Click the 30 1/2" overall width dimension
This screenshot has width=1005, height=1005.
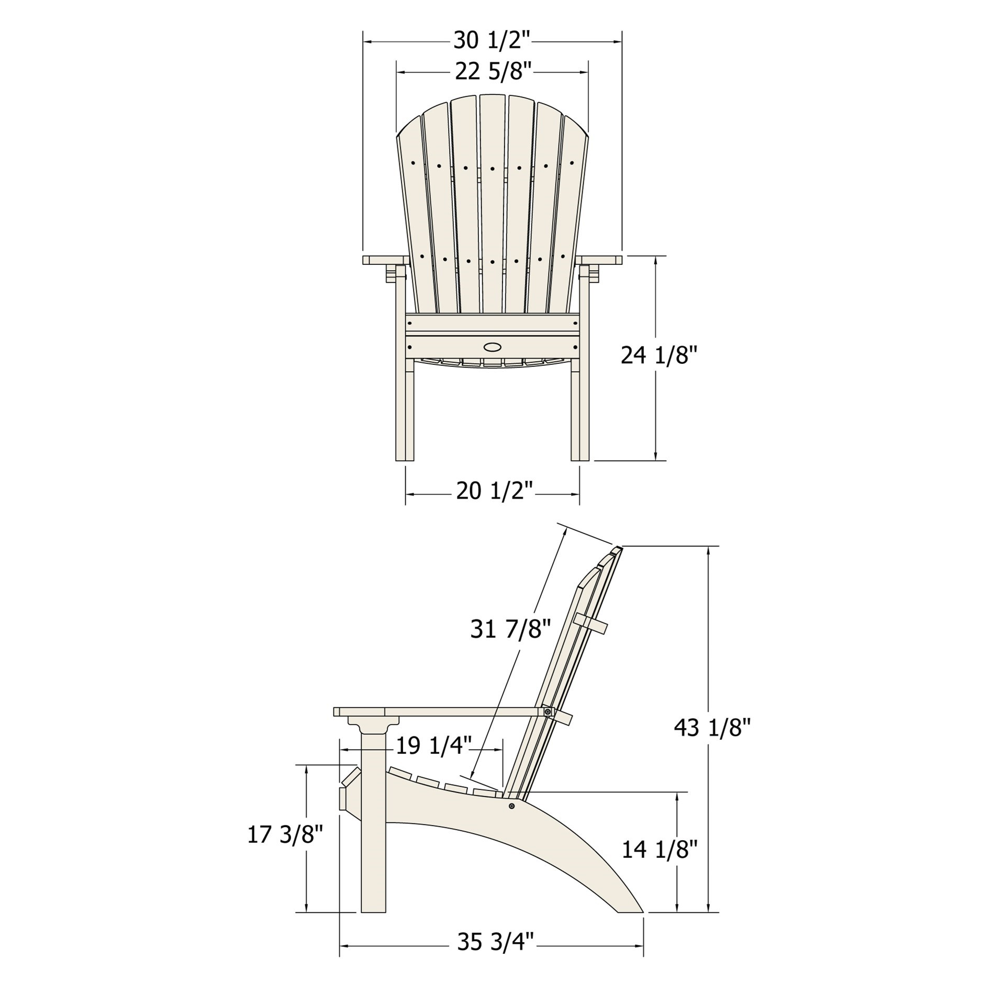click(492, 41)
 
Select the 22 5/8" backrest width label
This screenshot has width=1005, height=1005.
click(493, 72)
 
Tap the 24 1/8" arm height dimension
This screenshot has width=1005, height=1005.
click(659, 356)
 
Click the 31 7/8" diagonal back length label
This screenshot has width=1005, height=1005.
click(511, 630)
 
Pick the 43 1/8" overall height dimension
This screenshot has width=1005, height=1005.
click(712, 728)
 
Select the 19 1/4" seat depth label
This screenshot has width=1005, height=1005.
click(433, 746)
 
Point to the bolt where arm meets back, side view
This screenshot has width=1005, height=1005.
click(548, 712)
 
